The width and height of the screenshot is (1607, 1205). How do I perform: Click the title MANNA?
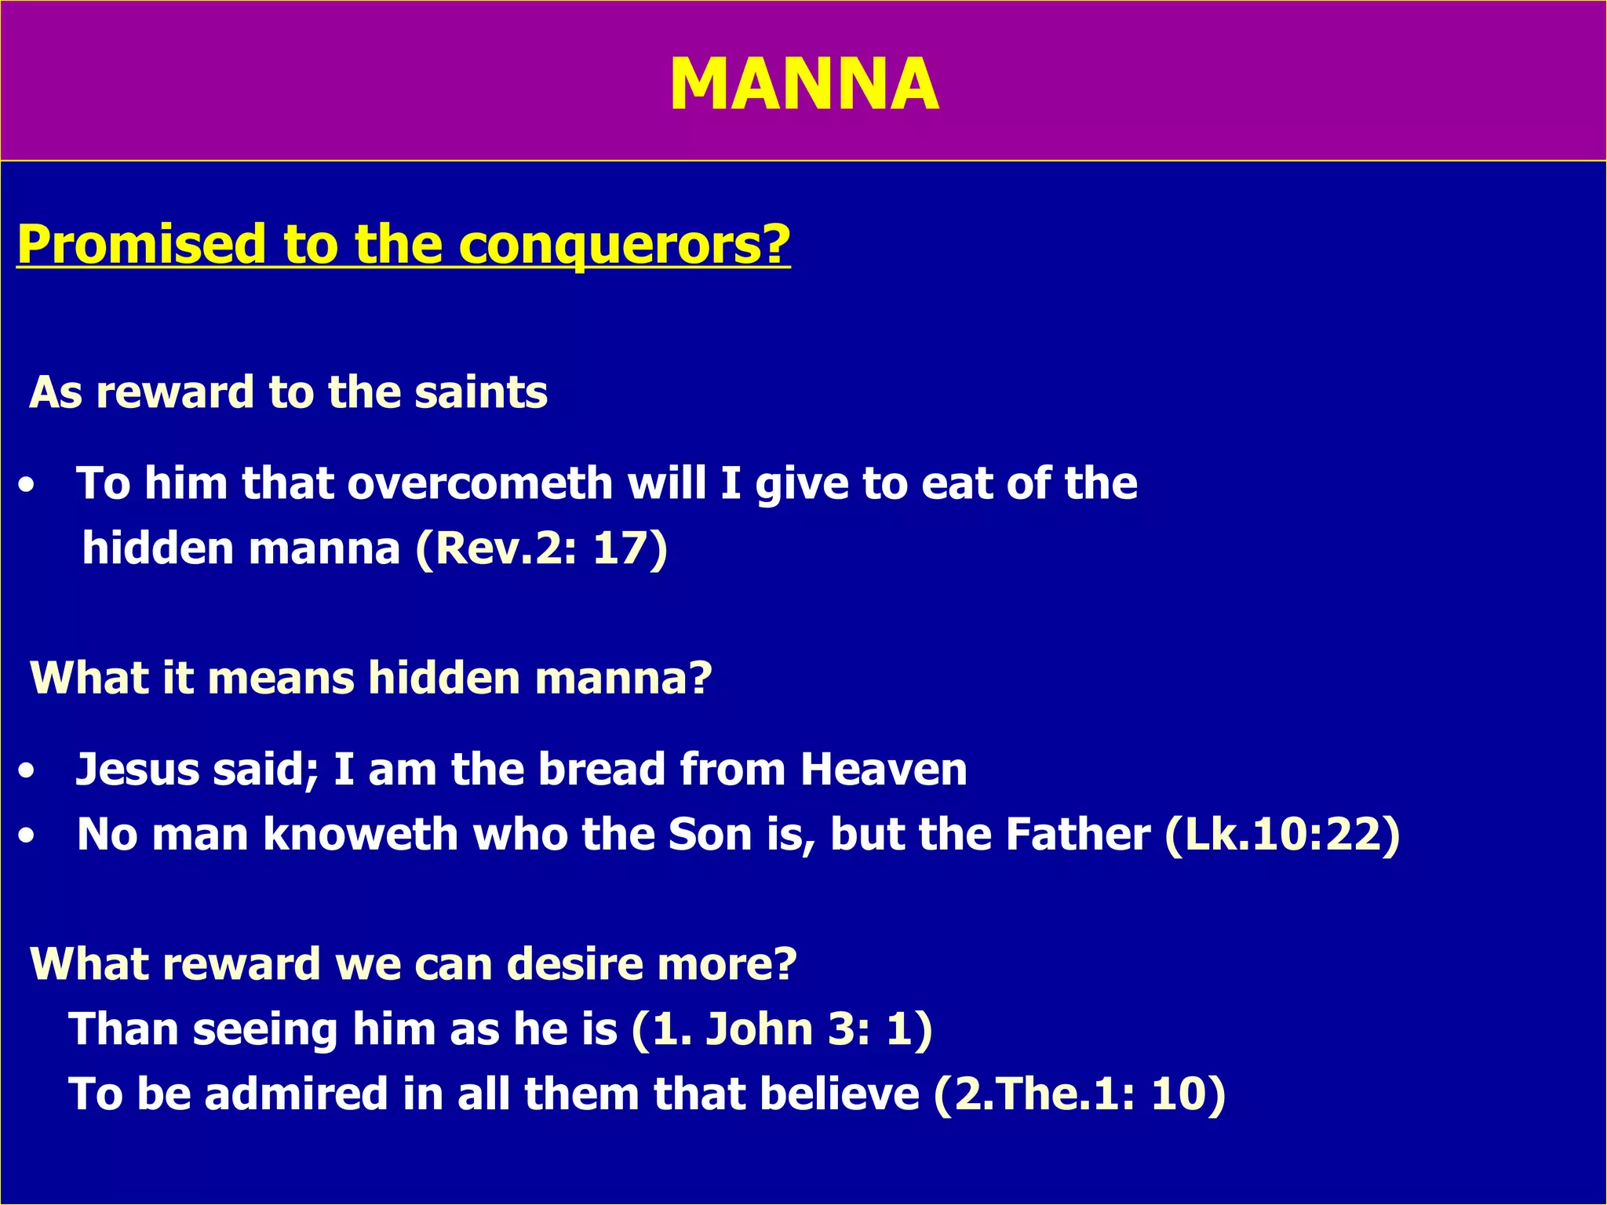coord(803,85)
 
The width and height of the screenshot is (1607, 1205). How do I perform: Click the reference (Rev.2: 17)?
coord(541,548)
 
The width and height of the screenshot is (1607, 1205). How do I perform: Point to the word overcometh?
coord(480,482)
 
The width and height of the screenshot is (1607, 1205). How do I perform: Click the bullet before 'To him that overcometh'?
coord(27,486)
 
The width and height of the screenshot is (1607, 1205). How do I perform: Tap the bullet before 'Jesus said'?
coord(27,771)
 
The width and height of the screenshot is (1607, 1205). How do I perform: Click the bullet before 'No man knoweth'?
coord(27,836)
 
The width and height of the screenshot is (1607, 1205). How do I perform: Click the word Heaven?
coord(884,769)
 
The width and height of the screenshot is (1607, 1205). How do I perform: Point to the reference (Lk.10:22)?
coord(1282,834)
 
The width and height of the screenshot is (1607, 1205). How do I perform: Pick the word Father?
coord(1077,834)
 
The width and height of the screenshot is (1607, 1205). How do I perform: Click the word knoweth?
coord(360,834)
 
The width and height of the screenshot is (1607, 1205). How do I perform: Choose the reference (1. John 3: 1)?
coord(782,1028)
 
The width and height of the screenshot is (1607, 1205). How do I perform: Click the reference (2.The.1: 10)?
coord(1080,1094)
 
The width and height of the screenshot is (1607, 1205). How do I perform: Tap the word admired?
coord(296,1094)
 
